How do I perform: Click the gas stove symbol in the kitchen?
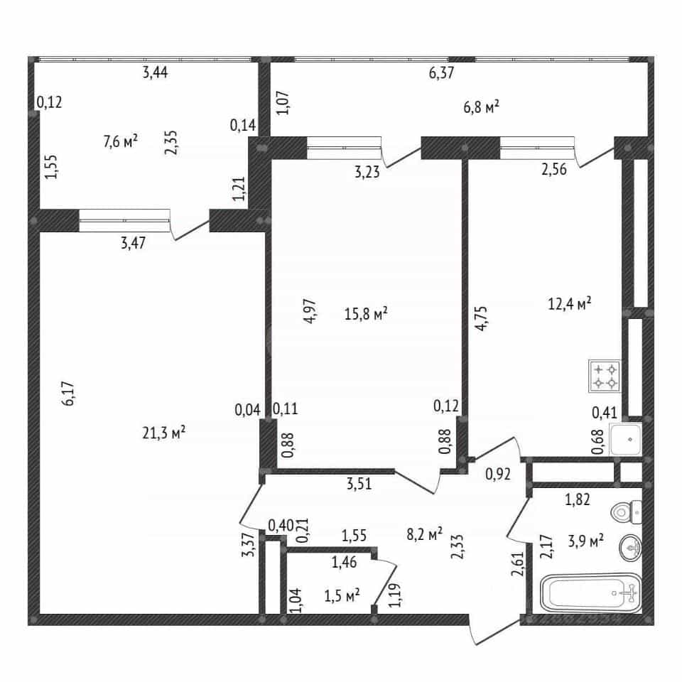(x=605, y=377)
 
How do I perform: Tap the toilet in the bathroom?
(x=627, y=512)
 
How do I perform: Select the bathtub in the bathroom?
(x=591, y=592)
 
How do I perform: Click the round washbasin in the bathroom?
(x=630, y=547)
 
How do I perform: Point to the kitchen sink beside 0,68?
(x=626, y=439)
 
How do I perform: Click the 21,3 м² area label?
(x=164, y=433)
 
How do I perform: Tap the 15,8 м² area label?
(x=366, y=313)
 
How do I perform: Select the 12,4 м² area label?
(x=569, y=303)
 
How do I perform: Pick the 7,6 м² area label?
(x=121, y=141)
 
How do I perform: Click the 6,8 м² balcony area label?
(x=481, y=107)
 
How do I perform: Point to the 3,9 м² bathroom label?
(x=586, y=541)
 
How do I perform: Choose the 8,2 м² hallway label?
(x=425, y=534)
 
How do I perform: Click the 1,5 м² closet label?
(x=342, y=595)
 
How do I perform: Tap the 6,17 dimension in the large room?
(x=68, y=394)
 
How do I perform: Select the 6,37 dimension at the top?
(x=441, y=72)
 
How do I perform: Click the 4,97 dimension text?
(x=310, y=311)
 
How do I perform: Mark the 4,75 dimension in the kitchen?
(x=482, y=319)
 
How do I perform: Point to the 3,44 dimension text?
(x=156, y=72)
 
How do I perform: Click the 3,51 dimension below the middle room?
(x=359, y=484)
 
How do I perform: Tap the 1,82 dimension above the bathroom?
(x=578, y=499)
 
